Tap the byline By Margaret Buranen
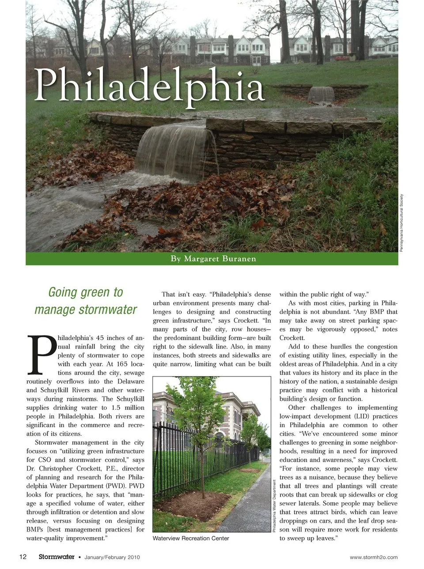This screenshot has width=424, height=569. coord(213,259)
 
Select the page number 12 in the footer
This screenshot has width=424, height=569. coord(23,557)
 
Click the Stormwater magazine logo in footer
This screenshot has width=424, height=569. coord(56,557)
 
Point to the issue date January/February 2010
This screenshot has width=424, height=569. coord(112,557)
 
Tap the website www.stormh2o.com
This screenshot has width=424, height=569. coord(373,557)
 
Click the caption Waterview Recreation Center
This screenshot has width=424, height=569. coord(191,538)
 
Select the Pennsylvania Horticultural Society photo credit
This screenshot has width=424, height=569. coord(401,223)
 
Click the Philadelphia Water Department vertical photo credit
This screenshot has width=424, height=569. coord(274,505)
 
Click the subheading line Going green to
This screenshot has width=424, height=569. coord(86,292)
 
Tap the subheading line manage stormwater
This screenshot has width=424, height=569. coord(86,309)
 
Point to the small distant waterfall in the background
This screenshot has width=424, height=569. coord(321,94)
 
